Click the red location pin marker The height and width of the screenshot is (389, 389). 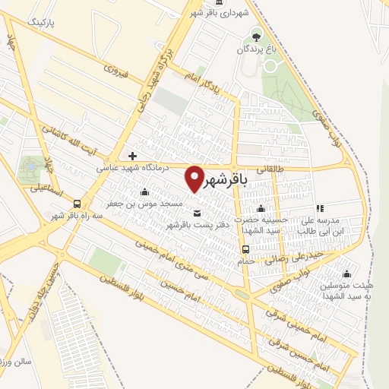(x=195, y=179)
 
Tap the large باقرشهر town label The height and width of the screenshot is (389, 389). (x=228, y=180)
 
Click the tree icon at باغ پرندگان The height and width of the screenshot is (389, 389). (x=256, y=35)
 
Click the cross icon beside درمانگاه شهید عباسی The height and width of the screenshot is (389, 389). (x=133, y=156)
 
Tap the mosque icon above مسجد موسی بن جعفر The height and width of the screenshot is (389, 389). (x=144, y=191)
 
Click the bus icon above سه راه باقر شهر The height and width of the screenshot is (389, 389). (x=77, y=204)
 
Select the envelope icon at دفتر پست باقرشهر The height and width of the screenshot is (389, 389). (x=197, y=213)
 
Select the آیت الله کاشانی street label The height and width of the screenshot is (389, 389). (x=74, y=138)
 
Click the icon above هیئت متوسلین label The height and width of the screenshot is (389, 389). (x=347, y=274)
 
